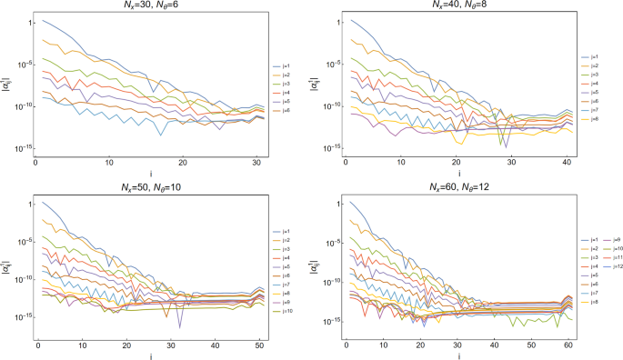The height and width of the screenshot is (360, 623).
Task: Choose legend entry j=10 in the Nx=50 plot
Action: point(284,311)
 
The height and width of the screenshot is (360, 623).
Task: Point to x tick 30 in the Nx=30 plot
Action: point(257,163)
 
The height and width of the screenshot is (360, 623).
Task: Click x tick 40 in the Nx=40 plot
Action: point(568,163)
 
